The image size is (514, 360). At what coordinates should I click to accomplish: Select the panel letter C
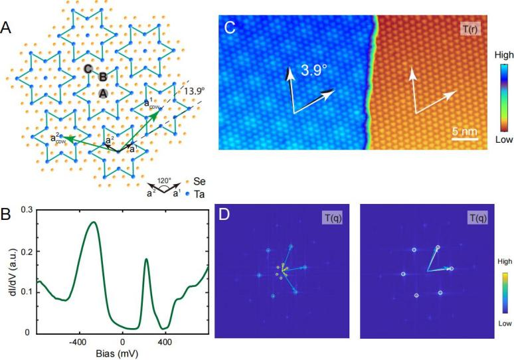(230, 28)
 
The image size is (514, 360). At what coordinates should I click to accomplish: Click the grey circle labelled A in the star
(103, 94)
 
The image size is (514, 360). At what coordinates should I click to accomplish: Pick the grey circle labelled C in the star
(88, 68)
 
